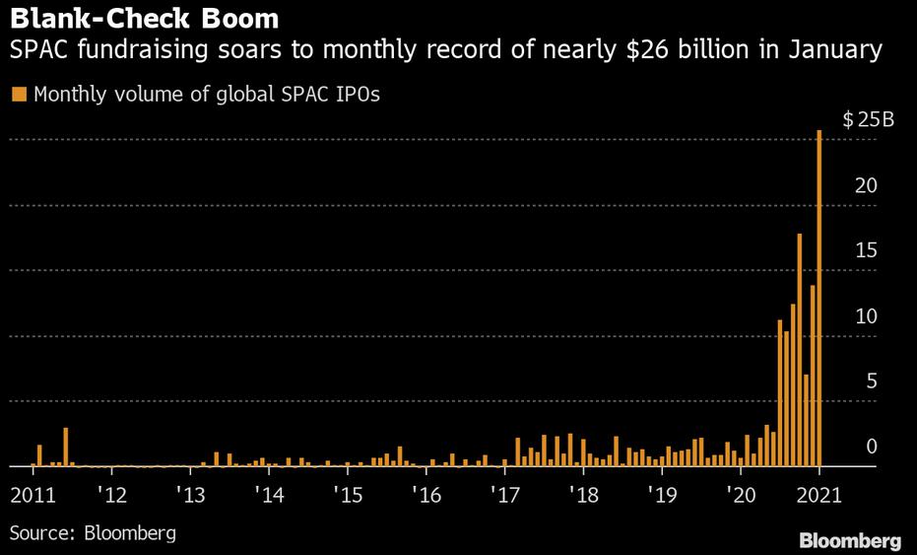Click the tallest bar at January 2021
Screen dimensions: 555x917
tap(819, 296)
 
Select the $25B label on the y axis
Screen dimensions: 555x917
tap(868, 120)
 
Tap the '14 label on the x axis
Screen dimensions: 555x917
tap(269, 494)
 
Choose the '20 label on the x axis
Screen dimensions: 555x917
tap(742, 494)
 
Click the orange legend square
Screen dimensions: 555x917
tap(19, 95)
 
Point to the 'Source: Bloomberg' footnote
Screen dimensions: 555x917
tap(94, 533)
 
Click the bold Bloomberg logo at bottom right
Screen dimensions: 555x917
tap(849, 540)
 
